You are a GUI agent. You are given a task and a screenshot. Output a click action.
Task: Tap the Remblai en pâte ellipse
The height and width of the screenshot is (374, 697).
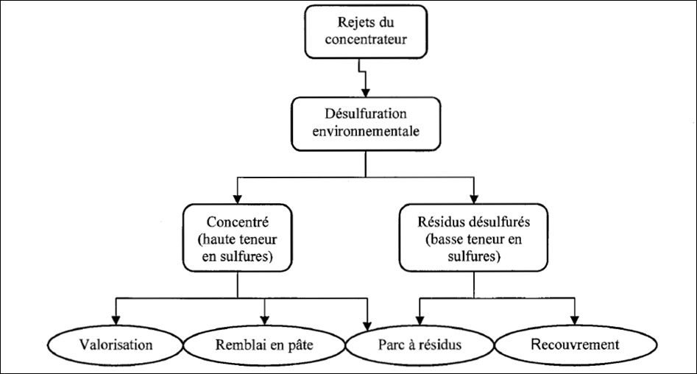coord(263,345)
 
